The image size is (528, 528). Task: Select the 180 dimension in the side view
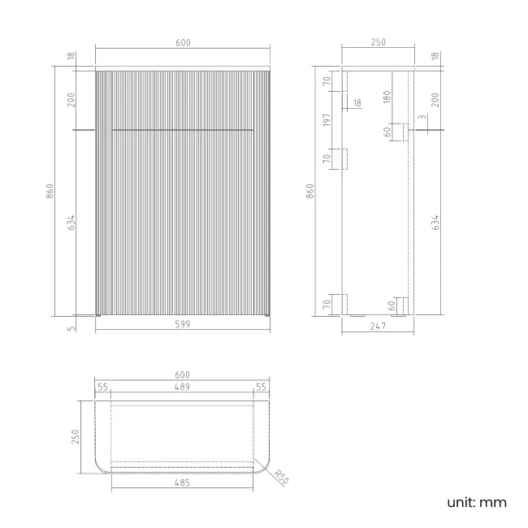click(x=387, y=97)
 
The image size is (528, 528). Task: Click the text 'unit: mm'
click(x=476, y=502)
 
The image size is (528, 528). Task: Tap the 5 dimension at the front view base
click(x=71, y=327)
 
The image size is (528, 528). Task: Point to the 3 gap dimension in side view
click(x=422, y=118)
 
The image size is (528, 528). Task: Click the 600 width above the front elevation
click(x=183, y=43)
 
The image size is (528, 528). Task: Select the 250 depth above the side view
click(x=378, y=43)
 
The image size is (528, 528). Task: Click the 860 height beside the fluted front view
click(x=50, y=193)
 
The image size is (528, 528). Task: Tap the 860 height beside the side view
click(x=309, y=193)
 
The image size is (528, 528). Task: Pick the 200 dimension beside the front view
click(x=71, y=100)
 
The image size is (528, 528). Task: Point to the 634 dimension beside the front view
click(x=71, y=222)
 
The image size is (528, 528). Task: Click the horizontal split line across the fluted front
click(x=183, y=129)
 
